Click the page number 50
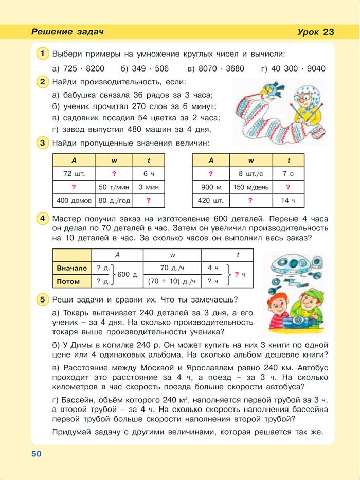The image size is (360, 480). (35, 453)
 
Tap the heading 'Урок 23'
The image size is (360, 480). (315, 32)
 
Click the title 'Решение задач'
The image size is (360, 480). (68, 32)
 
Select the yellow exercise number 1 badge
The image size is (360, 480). (43, 53)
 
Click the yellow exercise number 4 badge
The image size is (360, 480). (43, 219)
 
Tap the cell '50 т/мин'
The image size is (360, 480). (114, 187)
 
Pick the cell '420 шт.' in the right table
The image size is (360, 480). (211, 200)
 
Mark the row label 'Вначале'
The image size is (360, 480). (72, 268)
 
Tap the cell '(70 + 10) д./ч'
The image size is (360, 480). (172, 281)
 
